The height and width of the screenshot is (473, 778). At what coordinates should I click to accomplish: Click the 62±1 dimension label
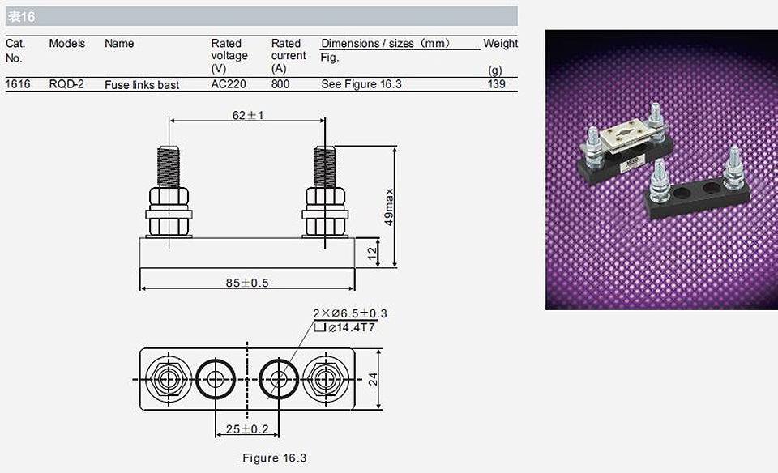pos(248,115)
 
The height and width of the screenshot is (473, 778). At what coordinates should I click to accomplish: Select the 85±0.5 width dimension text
pos(247,283)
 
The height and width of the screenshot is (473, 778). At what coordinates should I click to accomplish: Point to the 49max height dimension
pos(388,207)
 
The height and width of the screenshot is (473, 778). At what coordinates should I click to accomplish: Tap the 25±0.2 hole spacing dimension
pos(247,429)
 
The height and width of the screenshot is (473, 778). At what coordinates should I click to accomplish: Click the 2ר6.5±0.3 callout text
pos(350,313)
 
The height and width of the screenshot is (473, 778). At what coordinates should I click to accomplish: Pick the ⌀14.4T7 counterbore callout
pos(351,327)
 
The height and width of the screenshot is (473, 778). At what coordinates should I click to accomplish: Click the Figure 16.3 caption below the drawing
pos(275,458)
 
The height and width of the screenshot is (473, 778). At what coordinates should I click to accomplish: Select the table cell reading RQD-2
pos(66,83)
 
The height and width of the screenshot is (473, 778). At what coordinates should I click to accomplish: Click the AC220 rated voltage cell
pos(229,83)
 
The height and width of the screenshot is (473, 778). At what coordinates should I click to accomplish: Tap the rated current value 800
pos(280,83)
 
